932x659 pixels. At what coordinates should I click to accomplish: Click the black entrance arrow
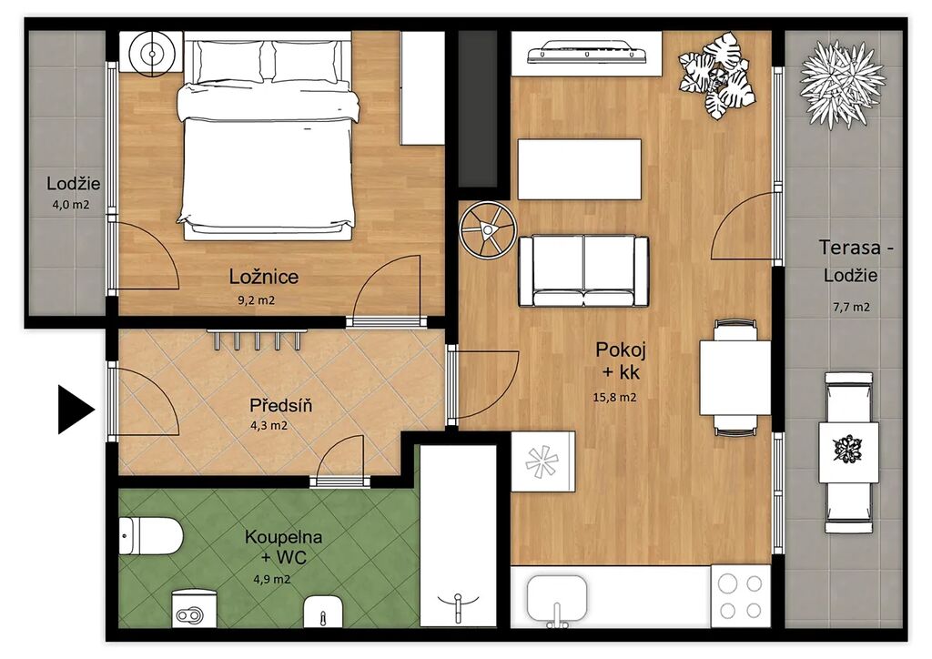tap(76, 410)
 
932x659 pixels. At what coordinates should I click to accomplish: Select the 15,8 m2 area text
tap(614, 398)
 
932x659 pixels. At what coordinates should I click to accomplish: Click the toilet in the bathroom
tap(150, 535)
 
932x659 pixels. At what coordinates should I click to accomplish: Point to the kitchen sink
tap(557, 598)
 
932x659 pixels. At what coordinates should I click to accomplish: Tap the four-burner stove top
tap(741, 596)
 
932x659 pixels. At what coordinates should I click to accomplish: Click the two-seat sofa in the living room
tap(583, 271)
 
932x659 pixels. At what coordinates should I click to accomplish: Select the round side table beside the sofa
tap(488, 229)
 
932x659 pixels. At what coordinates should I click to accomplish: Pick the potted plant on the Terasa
tap(843, 83)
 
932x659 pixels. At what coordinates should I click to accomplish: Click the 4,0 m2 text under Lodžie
tap(71, 205)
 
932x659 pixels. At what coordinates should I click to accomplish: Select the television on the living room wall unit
tap(587, 52)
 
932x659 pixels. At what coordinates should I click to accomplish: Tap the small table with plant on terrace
tap(849, 451)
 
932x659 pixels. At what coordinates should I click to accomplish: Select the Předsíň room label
tap(280, 406)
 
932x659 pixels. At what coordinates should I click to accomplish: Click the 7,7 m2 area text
tap(851, 308)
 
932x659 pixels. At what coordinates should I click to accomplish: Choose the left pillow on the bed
tap(229, 61)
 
